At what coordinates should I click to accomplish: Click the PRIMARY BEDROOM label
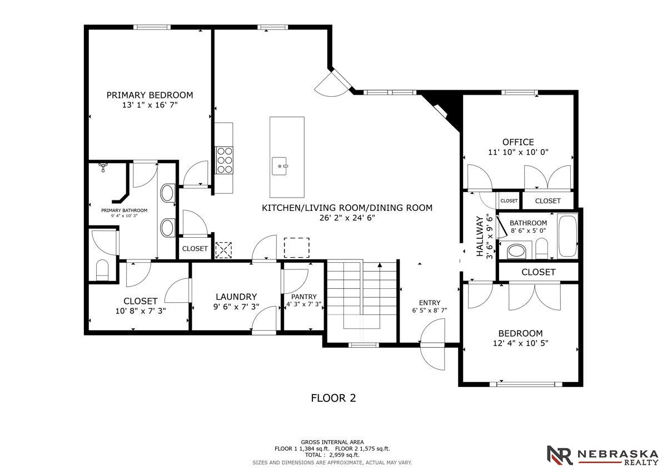coord(150,95)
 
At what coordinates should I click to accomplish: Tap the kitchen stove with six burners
coord(225,160)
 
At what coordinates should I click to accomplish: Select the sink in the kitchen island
coord(280,166)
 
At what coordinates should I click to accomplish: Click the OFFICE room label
coord(518,142)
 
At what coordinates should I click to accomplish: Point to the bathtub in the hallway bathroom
coord(568,237)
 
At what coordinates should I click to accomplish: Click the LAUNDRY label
coord(236,297)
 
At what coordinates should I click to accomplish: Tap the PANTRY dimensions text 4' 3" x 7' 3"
coord(303,304)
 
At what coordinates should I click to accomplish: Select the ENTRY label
coord(429,303)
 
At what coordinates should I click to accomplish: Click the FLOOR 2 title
coord(333,398)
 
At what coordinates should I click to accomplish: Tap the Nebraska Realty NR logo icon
coord(560,455)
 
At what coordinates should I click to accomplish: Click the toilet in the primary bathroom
coord(102,270)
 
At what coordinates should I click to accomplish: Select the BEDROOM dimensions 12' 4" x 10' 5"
coord(520,343)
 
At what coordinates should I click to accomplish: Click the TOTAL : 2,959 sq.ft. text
coord(332,455)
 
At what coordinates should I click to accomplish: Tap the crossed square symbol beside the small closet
coord(223,250)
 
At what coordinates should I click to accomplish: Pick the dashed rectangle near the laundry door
coord(297,248)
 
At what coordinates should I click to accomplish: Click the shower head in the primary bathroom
coord(103,166)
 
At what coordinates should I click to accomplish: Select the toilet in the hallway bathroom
coord(541,248)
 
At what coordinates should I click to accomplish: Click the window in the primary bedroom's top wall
coord(152,27)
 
